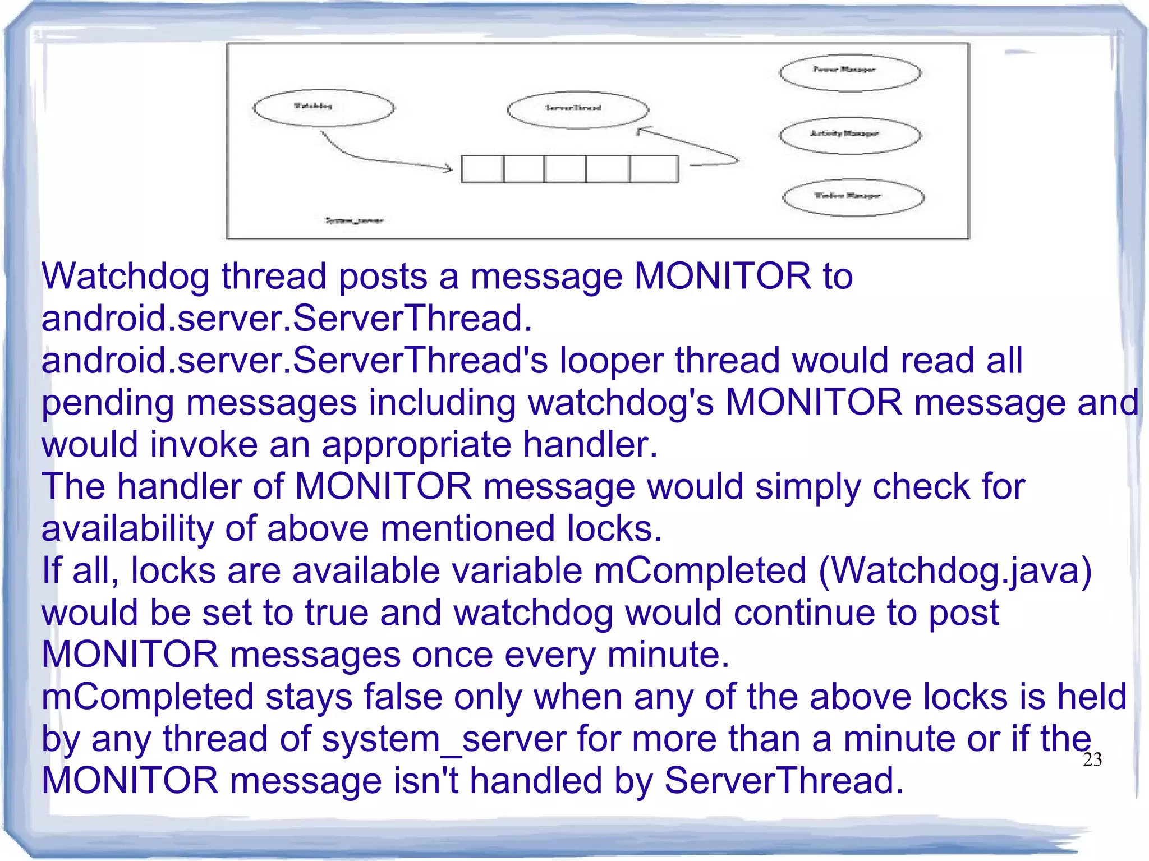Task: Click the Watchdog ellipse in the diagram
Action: tap(323, 108)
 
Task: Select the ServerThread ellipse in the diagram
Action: tap(577, 110)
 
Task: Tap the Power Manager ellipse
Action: tap(849, 72)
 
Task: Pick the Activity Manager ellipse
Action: tap(849, 135)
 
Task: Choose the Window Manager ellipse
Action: tap(852, 197)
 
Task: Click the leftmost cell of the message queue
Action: tap(482, 169)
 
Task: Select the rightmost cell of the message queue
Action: tap(654, 169)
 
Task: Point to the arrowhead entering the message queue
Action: tap(448, 167)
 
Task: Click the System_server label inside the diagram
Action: tap(354, 220)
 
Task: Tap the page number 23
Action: tap(1092, 759)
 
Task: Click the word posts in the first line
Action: tap(383, 277)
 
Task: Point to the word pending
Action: tap(107, 404)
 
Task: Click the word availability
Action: tap(127, 529)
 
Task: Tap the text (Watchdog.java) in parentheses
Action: tap(955, 571)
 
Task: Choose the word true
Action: tap(336, 613)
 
